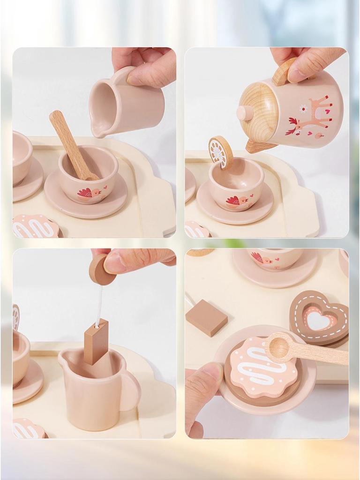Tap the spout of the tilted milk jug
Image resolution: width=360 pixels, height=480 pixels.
[x=96, y=131]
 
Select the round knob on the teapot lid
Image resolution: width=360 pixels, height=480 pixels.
[x=244, y=113]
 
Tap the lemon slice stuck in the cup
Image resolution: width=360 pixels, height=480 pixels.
[x=220, y=151]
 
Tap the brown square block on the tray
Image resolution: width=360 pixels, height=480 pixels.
[x=206, y=317]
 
